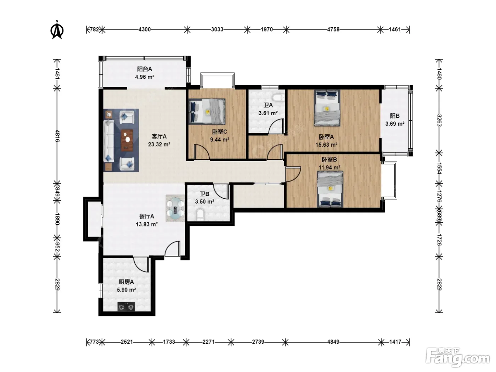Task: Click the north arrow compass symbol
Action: [x=57, y=30]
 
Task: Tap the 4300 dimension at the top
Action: [x=145, y=30]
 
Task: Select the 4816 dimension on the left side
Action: [x=57, y=136]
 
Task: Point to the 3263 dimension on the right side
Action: [x=439, y=120]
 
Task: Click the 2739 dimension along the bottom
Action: [x=258, y=342]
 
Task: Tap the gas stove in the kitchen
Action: [x=126, y=306]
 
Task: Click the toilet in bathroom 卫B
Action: [x=200, y=215]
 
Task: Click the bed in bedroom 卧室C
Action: [x=207, y=111]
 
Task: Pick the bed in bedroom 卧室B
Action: [x=330, y=189]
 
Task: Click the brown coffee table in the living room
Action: [x=127, y=140]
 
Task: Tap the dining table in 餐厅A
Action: [x=175, y=208]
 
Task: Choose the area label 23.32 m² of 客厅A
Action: [x=159, y=144]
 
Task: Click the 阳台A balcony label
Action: [x=145, y=69]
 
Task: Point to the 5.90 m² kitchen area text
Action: [x=126, y=289]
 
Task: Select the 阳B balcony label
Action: [x=395, y=116]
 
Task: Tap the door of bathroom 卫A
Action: [x=276, y=126]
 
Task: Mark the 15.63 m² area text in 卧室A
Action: [x=326, y=145]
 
